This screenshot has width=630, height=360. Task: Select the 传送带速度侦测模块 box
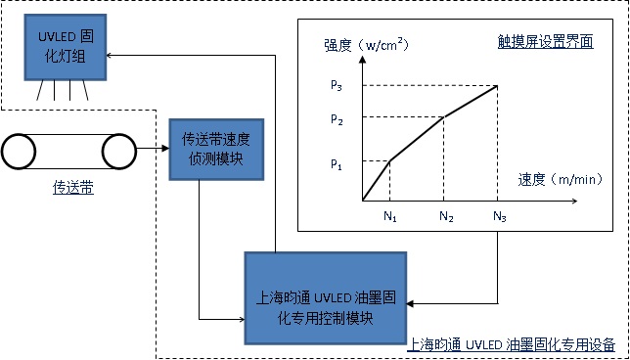pos(216,148)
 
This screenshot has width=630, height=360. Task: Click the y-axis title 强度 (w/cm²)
pos(366,45)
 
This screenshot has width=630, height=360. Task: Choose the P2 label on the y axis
pos(337,119)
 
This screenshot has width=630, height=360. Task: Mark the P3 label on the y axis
pos(337,85)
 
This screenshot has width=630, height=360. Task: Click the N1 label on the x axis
pos(389,215)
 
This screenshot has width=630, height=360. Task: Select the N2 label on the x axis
pos(445,215)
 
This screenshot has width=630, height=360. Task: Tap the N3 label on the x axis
pos(499,215)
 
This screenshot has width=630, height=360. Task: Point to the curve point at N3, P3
pos(498,85)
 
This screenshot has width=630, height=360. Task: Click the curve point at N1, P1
pos(389,159)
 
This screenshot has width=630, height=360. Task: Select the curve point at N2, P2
pos(445,117)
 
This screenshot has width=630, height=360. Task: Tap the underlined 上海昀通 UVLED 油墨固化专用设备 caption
pos(510,344)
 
